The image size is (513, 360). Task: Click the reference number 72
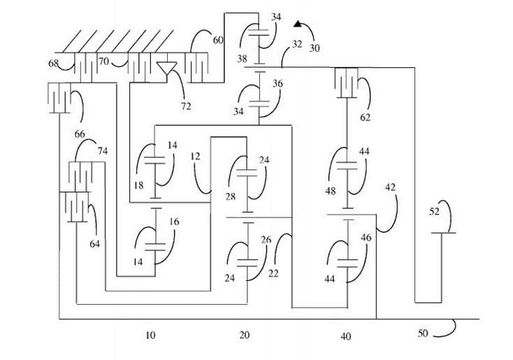point(185,106)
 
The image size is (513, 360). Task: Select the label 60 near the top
point(218,41)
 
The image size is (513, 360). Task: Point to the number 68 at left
point(53,64)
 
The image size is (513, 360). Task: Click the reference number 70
point(103,62)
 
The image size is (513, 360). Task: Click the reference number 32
point(297,44)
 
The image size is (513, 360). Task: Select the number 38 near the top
point(242,59)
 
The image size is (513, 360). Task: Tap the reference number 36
point(277,84)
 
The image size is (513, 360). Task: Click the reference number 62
point(365,117)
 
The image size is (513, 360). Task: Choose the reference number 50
point(422,333)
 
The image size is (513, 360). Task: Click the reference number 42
point(390,187)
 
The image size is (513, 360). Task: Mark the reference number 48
point(330,189)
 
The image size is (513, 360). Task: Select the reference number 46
point(366,238)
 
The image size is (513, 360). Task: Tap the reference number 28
point(230,196)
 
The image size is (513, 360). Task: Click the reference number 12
point(195,156)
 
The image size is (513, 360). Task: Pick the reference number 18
point(138,186)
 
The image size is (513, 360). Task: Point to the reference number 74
point(103,150)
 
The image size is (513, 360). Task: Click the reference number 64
point(94,244)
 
